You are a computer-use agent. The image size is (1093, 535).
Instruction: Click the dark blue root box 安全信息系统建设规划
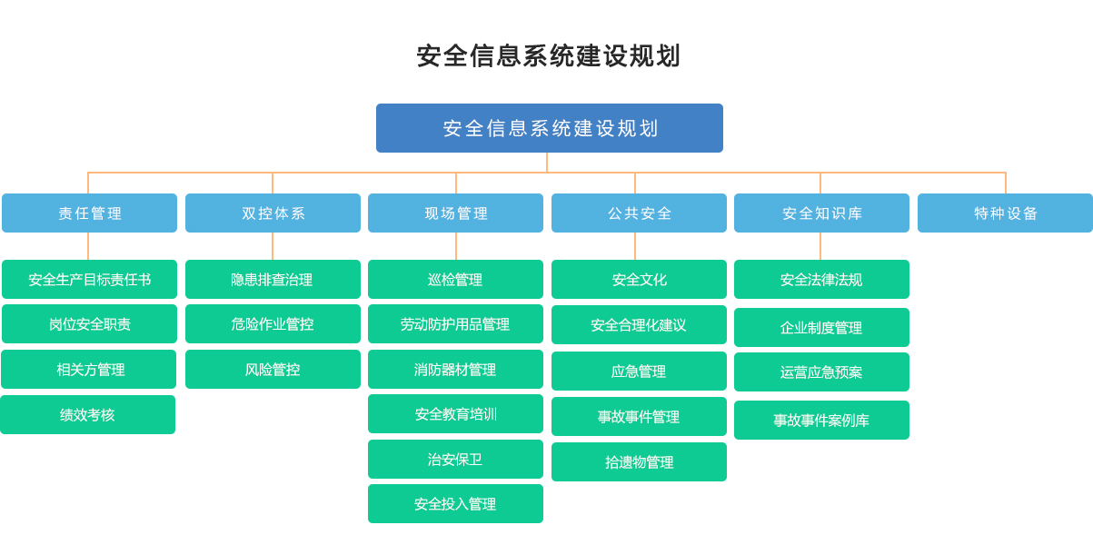pyautogui.click(x=550, y=128)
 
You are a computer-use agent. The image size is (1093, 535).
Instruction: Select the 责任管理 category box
pyautogui.click(x=89, y=213)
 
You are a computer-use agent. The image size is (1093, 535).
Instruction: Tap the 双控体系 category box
pyautogui.click(x=273, y=213)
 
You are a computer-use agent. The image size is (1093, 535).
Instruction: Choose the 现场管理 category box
pyautogui.click(x=455, y=213)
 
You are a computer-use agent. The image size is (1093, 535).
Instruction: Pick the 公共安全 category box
pyautogui.click(x=639, y=213)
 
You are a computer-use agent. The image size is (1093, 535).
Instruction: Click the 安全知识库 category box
pyautogui.click(x=821, y=213)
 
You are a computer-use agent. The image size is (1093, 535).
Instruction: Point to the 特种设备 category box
pyautogui.click(x=1005, y=213)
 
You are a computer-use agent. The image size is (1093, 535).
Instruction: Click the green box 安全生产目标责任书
pyautogui.click(x=89, y=280)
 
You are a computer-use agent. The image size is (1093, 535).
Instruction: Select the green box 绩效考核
pyautogui.click(x=87, y=414)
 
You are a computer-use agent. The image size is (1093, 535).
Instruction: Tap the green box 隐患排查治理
pyautogui.click(x=273, y=280)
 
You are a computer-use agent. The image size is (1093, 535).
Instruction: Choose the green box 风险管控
pyautogui.click(x=273, y=369)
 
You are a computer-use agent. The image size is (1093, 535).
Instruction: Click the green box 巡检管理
pyautogui.click(x=455, y=280)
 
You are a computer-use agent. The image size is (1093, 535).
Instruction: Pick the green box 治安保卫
pyautogui.click(x=455, y=460)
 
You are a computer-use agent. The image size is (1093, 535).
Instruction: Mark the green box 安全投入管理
pyautogui.click(x=455, y=504)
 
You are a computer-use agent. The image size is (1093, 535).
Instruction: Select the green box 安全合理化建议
pyautogui.click(x=639, y=325)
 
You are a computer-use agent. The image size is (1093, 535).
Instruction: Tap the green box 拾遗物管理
pyautogui.click(x=639, y=461)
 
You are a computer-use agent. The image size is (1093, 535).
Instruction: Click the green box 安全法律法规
pyautogui.click(x=821, y=280)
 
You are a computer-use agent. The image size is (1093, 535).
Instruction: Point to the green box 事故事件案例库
pyautogui.click(x=821, y=420)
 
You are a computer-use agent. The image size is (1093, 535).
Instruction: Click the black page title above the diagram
pyautogui.click(x=549, y=55)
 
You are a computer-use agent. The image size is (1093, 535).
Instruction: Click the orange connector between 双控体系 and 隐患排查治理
pyautogui.click(x=273, y=246)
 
